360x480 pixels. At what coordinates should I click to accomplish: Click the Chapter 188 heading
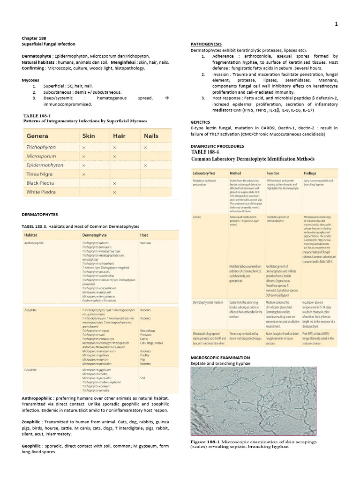[x=34, y=38]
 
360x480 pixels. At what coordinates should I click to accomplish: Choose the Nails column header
[x=151, y=136]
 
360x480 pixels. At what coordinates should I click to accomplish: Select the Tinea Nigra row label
[x=41, y=174]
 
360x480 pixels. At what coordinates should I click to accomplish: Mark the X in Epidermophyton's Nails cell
[x=146, y=165]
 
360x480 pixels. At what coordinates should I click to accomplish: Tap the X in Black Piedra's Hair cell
[x=114, y=183]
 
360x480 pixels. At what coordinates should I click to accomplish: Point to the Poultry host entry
[x=145, y=356]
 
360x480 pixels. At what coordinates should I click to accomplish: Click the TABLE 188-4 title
[x=208, y=152]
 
